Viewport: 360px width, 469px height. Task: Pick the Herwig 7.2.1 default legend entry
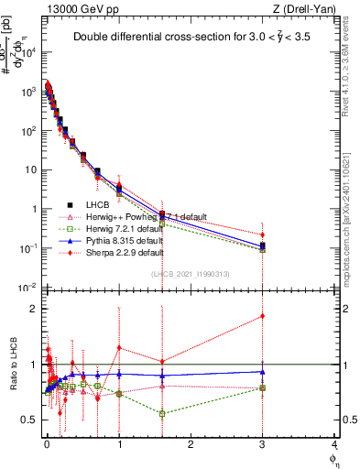[x=132, y=229]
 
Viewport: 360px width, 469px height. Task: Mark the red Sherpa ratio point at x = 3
[x=263, y=316]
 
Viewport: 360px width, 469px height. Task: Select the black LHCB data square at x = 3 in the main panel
[x=263, y=245]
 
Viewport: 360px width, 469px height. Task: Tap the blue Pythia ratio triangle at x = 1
[x=119, y=374]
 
